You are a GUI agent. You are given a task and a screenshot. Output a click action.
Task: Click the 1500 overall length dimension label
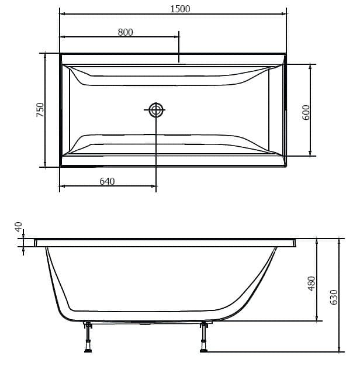[x=180, y=9]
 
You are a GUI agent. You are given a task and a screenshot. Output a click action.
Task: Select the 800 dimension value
[x=125, y=32]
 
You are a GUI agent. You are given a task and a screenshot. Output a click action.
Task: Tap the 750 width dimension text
[x=40, y=110]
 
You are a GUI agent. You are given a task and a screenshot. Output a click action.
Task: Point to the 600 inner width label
[x=306, y=112]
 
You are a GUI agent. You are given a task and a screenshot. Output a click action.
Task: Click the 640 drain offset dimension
[x=107, y=181]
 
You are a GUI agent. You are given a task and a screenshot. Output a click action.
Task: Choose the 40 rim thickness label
[x=18, y=227]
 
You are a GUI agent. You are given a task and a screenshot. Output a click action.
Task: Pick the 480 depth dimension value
[x=311, y=284]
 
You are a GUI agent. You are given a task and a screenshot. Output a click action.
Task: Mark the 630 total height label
[x=334, y=297]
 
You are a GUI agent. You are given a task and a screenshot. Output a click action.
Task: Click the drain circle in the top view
[x=156, y=110]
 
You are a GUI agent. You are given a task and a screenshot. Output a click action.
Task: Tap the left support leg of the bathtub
[x=88, y=336]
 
